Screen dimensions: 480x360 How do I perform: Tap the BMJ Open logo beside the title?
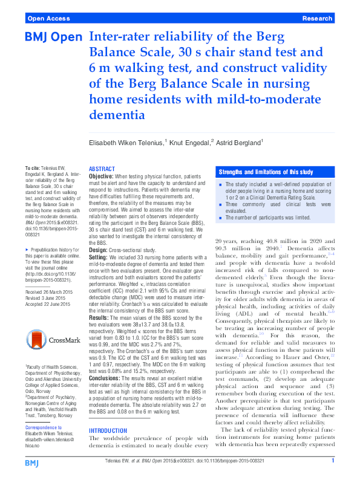point(53,38)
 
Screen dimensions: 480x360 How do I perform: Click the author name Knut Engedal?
point(189,142)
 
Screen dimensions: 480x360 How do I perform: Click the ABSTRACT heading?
point(102,169)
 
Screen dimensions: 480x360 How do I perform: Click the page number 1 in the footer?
point(333,462)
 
